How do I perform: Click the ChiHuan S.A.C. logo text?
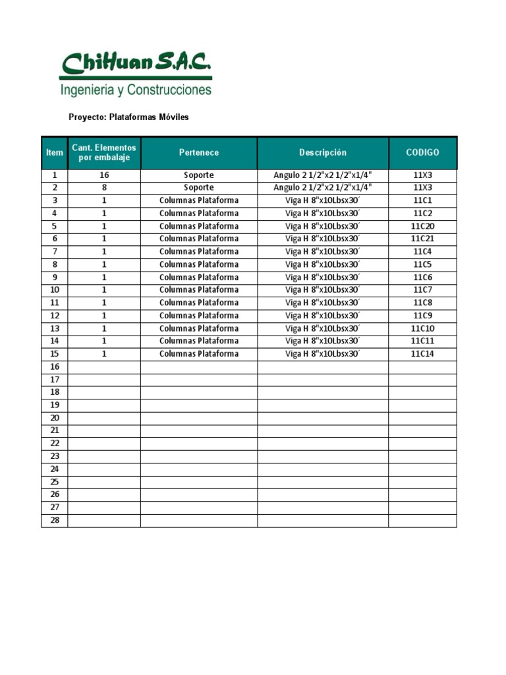[x=136, y=65]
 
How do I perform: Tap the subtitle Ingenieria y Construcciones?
[x=136, y=90]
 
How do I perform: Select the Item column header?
[x=55, y=153]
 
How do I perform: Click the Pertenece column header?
[x=199, y=153]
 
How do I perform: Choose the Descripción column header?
[x=323, y=153]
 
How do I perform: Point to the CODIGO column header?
[x=422, y=153]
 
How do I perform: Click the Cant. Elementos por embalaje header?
[x=104, y=153]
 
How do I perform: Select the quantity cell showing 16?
[x=104, y=175]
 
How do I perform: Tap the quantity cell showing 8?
[x=104, y=188]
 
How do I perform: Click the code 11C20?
[x=422, y=226]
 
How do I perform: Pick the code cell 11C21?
[x=422, y=239]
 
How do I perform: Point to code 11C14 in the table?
[x=422, y=354]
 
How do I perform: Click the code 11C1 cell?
[x=422, y=200]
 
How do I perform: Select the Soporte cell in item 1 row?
[x=199, y=175]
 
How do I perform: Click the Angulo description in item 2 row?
[x=323, y=188]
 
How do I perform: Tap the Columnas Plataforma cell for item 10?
[x=199, y=290]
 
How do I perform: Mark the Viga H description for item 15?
[x=323, y=354]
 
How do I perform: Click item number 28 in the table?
[x=55, y=521]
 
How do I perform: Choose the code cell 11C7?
[x=422, y=290]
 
